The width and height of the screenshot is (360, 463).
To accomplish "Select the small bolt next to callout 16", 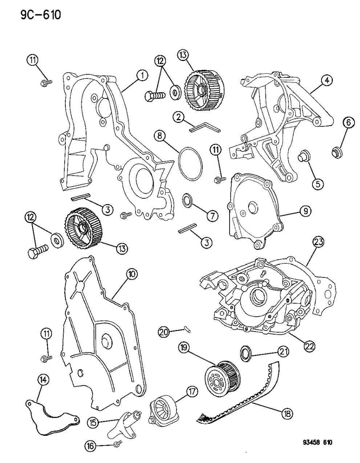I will point(117,443).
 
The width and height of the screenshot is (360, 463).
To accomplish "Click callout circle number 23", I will point(316,243).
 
